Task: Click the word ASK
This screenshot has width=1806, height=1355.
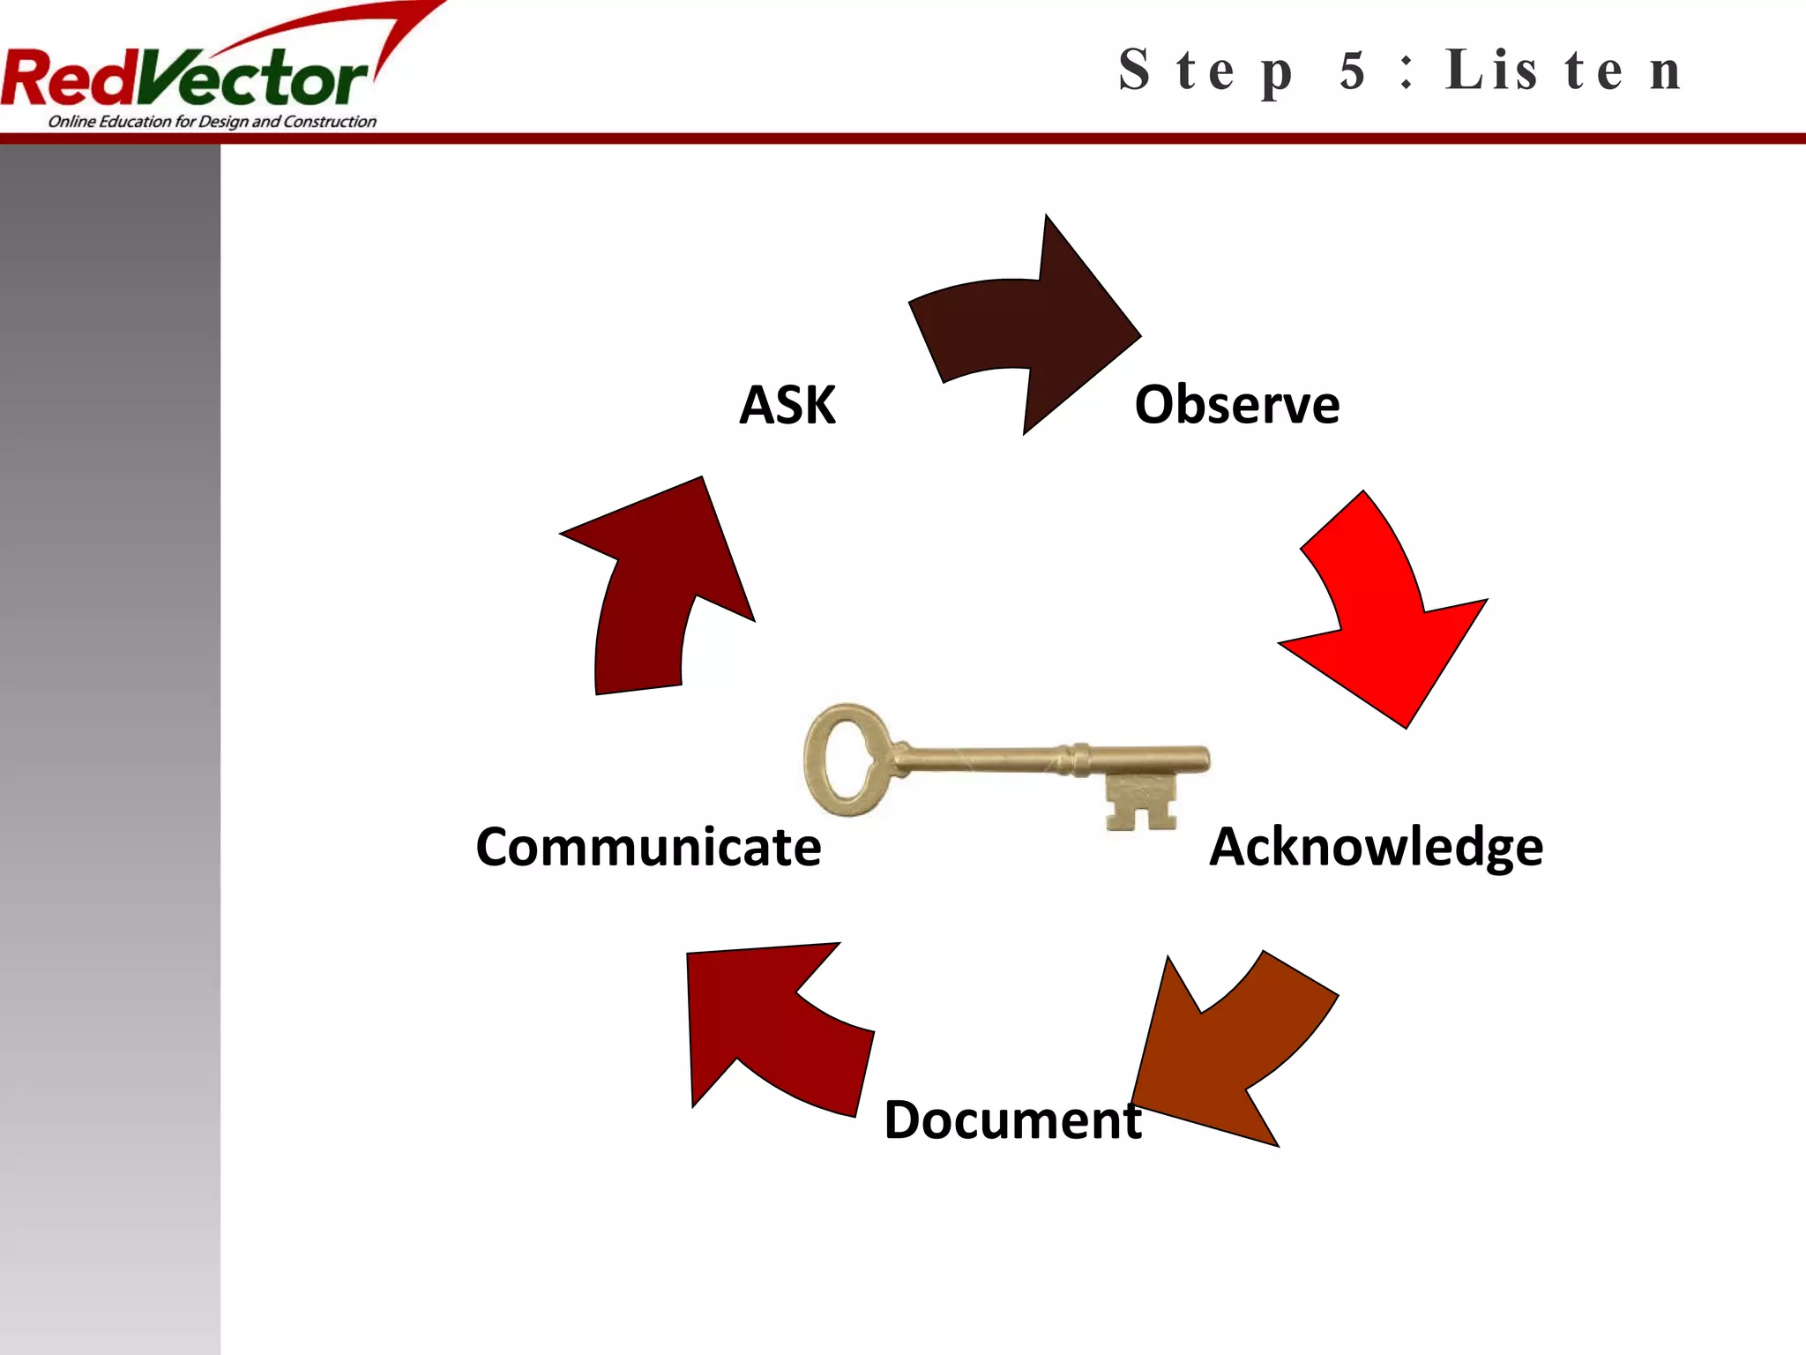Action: pos(787,406)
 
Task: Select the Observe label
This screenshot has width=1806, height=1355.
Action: pos(1236,406)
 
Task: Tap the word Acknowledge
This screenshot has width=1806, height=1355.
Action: pos(1376,848)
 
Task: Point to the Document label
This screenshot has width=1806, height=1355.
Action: pos(1012,1120)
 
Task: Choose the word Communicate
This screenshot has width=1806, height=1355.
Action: pos(648,848)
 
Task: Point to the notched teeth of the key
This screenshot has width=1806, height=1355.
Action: pos(1141,803)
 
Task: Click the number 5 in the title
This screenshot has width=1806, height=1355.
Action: pos(1352,71)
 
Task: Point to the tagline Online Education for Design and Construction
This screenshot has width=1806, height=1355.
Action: pos(212,122)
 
